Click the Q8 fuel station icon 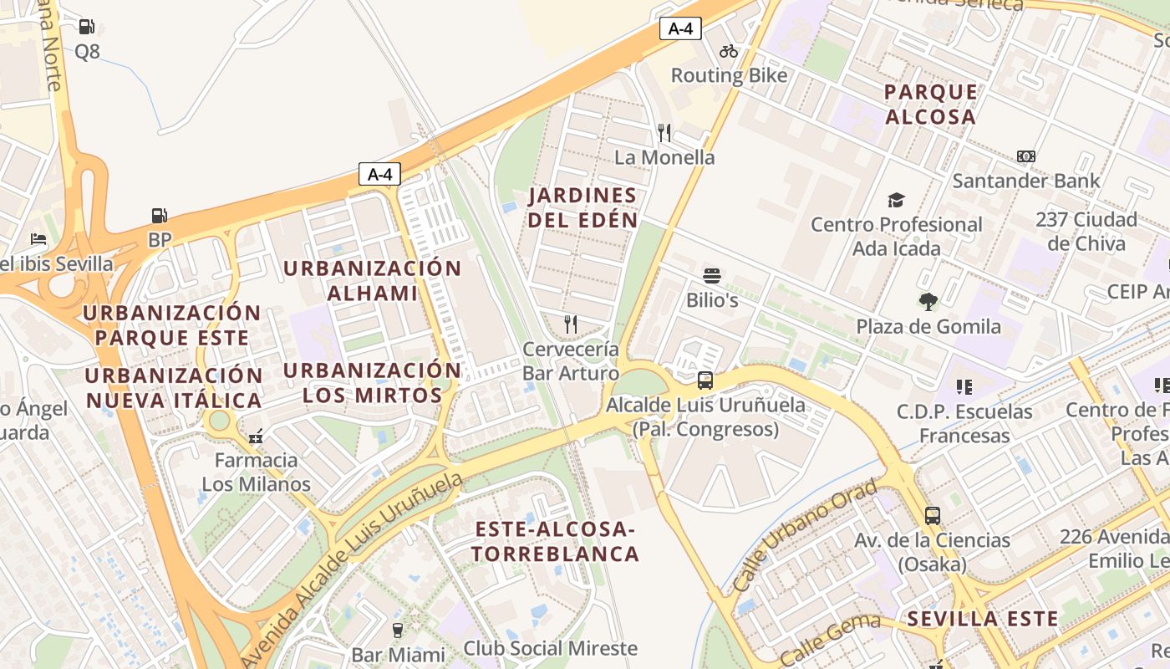[x=87, y=27]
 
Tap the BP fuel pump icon [x=160, y=216]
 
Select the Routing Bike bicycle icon [x=729, y=51]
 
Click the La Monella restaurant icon [x=664, y=132]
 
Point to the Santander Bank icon [x=1026, y=156]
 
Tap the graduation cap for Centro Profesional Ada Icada [x=896, y=200]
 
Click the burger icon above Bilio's [x=712, y=275]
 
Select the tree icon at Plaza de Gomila [x=928, y=302]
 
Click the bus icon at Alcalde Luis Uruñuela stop [x=705, y=380]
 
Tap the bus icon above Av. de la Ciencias [x=933, y=516]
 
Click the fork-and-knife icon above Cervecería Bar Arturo [x=571, y=324]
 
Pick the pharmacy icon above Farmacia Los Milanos [x=256, y=436]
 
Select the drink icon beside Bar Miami [x=398, y=630]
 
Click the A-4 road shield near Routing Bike [x=680, y=28]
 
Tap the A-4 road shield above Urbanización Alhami [x=379, y=174]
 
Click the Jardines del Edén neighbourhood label [x=583, y=208]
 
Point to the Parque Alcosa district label [x=930, y=105]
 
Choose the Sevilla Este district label [x=983, y=619]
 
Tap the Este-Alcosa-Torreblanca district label [x=556, y=541]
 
